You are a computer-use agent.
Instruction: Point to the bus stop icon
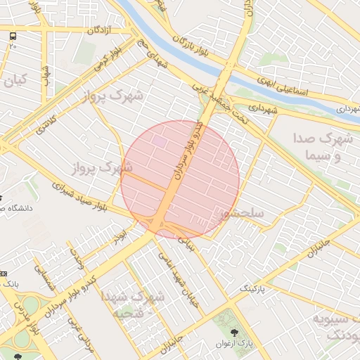click(13, 35)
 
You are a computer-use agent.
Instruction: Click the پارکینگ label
click(255, 289)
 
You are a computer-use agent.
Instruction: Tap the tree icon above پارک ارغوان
click(235, 333)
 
